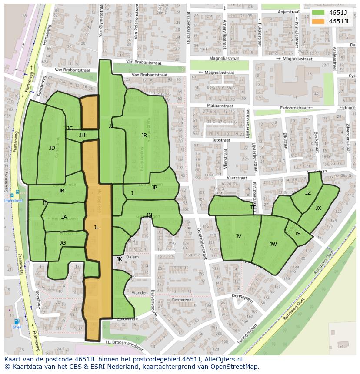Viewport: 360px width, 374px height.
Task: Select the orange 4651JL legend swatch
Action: [x=318, y=21]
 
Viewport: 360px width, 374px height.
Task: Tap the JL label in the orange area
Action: [x=96, y=227]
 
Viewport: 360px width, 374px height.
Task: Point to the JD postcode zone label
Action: [x=52, y=148]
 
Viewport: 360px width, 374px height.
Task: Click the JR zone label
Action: [x=144, y=136]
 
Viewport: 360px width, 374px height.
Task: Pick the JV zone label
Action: [x=238, y=236]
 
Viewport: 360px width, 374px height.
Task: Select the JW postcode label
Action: [x=273, y=245]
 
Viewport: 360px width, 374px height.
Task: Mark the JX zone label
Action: [x=318, y=208]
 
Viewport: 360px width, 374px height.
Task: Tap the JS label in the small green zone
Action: [x=297, y=234]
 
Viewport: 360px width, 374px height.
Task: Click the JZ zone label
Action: [x=308, y=193]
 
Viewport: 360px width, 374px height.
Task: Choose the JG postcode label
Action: [x=63, y=243]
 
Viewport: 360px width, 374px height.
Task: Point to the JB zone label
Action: [x=61, y=191]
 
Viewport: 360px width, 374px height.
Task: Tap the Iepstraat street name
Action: [x=221, y=140]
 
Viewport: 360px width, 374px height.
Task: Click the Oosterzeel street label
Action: [x=182, y=300]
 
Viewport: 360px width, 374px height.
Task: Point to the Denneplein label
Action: [x=242, y=296]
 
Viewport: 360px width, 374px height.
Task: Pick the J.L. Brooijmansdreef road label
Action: [x=124, y=342]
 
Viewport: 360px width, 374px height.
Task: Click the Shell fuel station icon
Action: [x=17, y=322]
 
